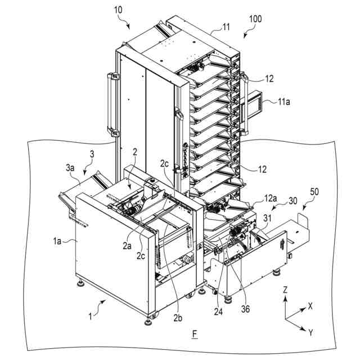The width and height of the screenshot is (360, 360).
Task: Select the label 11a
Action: (286, 102)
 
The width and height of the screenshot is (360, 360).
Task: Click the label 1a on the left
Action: (58, 242)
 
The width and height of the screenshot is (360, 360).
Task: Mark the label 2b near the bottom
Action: (178, 318)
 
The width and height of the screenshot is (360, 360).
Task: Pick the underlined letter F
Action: (195, 335)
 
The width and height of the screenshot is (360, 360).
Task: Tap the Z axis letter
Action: (286, 290)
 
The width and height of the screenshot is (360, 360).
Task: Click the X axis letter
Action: (310, 307)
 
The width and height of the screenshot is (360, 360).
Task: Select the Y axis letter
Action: (310, 332)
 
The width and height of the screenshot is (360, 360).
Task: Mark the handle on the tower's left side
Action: (111, 104)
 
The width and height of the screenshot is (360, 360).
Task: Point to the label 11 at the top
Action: (210, 26)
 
